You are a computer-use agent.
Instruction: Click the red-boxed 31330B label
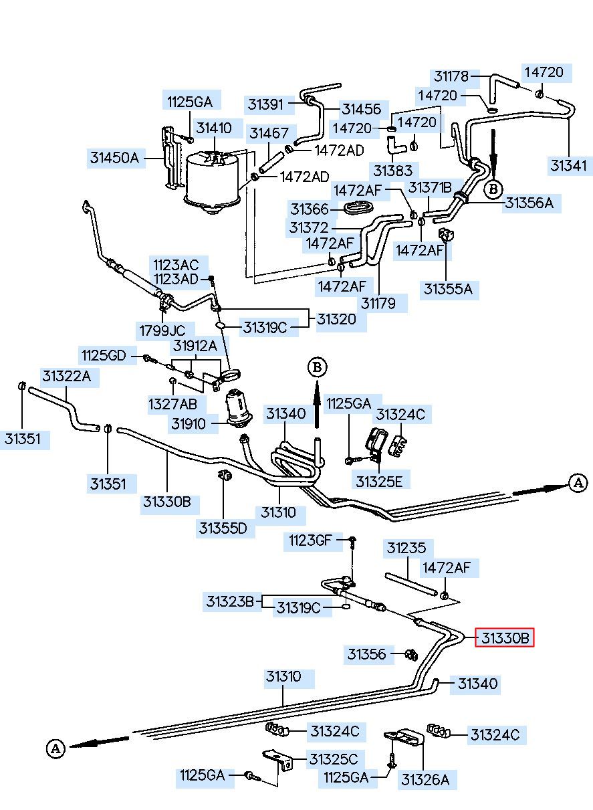505,638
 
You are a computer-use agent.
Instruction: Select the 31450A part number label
114,158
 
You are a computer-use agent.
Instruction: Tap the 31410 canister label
214,128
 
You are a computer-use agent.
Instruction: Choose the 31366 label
310,209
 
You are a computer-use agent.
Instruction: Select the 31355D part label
223,528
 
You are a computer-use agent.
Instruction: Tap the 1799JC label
162,330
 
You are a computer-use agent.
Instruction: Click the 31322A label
66,377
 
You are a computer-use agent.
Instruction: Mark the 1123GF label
310,540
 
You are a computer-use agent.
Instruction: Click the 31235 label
406,548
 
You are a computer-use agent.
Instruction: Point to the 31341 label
568,166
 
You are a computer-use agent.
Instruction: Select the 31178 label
451,76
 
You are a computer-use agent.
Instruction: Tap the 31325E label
379,482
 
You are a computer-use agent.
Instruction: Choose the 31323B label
230,601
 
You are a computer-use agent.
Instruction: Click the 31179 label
378,303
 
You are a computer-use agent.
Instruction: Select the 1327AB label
172,404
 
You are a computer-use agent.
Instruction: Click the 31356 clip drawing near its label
411,653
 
